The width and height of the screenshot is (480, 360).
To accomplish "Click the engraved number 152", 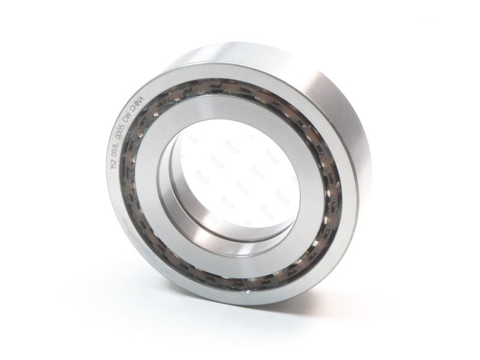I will pos(115,164).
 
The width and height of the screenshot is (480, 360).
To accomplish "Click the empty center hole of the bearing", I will pos(240,180).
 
